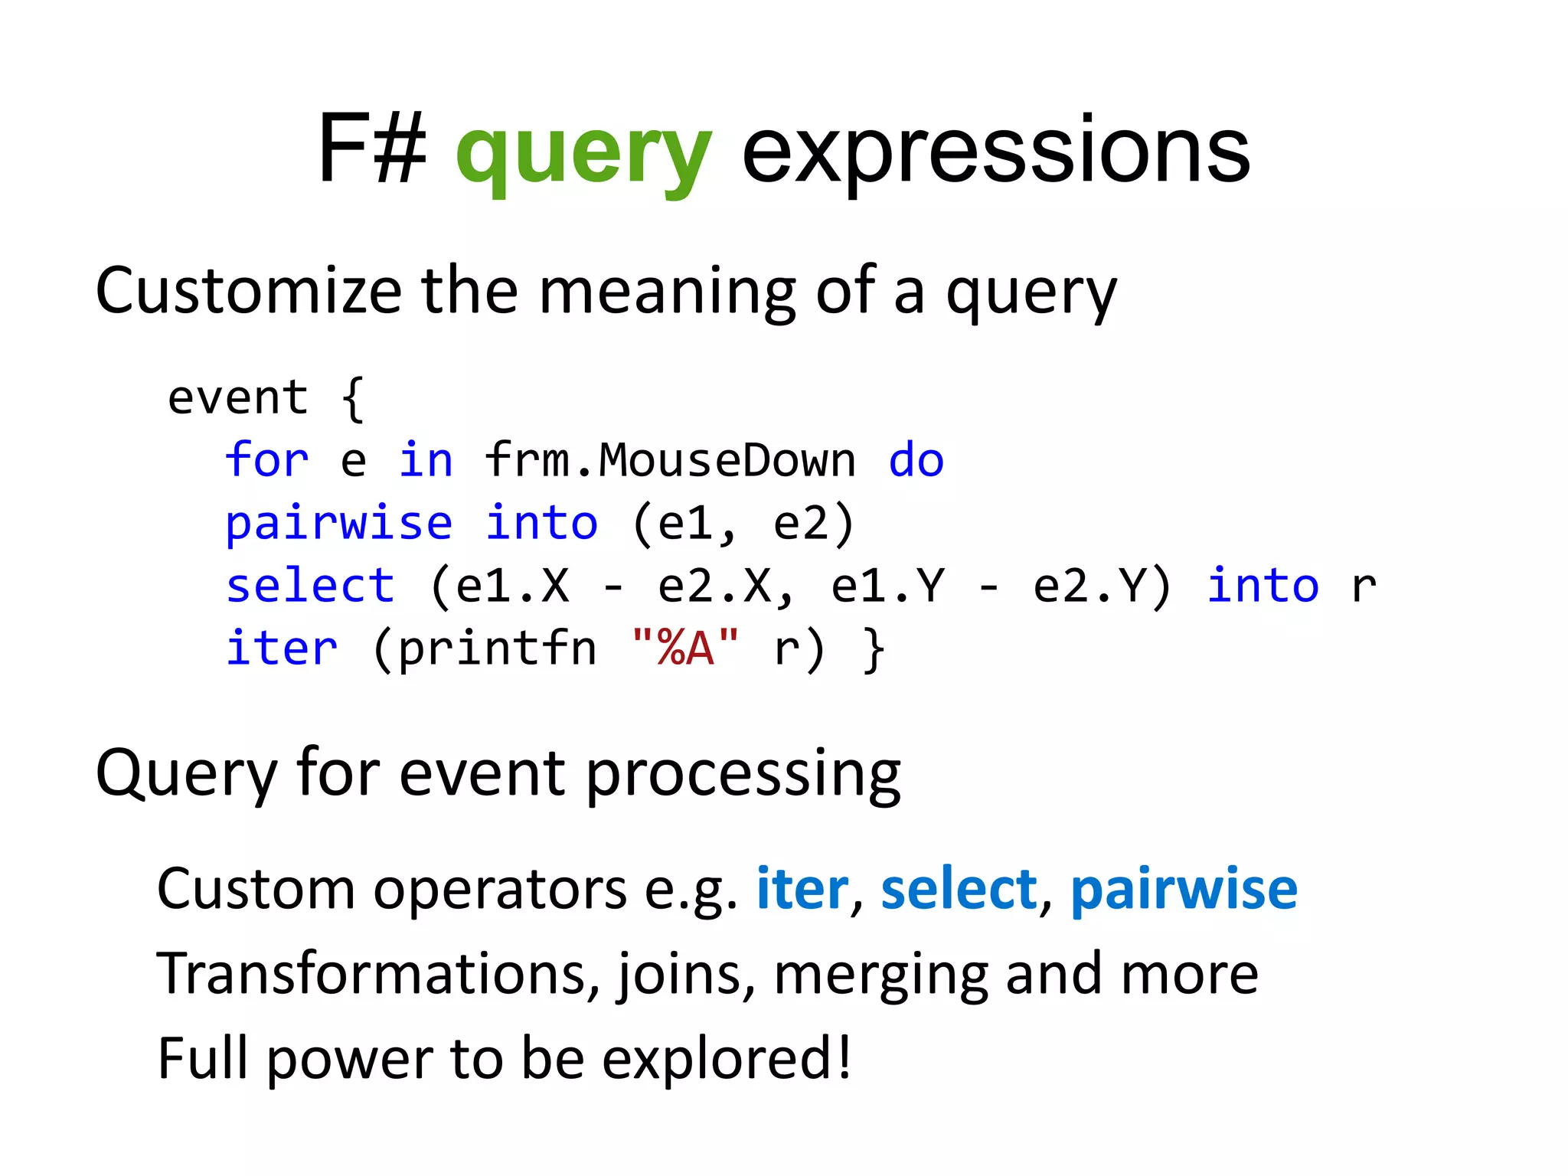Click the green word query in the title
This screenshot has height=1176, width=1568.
[583, 153]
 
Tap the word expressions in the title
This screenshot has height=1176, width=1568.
[995, 153]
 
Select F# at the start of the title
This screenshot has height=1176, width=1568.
[372, 149]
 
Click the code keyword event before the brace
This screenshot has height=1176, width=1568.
[237, 398]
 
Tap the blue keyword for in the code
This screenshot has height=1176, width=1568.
[266, 461]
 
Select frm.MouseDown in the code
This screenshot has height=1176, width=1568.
[670, 461]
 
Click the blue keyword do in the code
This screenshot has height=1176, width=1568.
[916, 461]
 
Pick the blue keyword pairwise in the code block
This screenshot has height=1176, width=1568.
[339, 524]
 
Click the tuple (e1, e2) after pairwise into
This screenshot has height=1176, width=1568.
[743, 524]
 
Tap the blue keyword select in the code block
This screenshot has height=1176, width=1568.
[310, 586]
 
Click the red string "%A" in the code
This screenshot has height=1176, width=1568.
[685, 649]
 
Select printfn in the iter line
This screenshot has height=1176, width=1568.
[498, 649]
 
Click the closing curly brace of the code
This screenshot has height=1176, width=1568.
[874, 649]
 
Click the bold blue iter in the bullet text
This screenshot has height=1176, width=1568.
[802, 890]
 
